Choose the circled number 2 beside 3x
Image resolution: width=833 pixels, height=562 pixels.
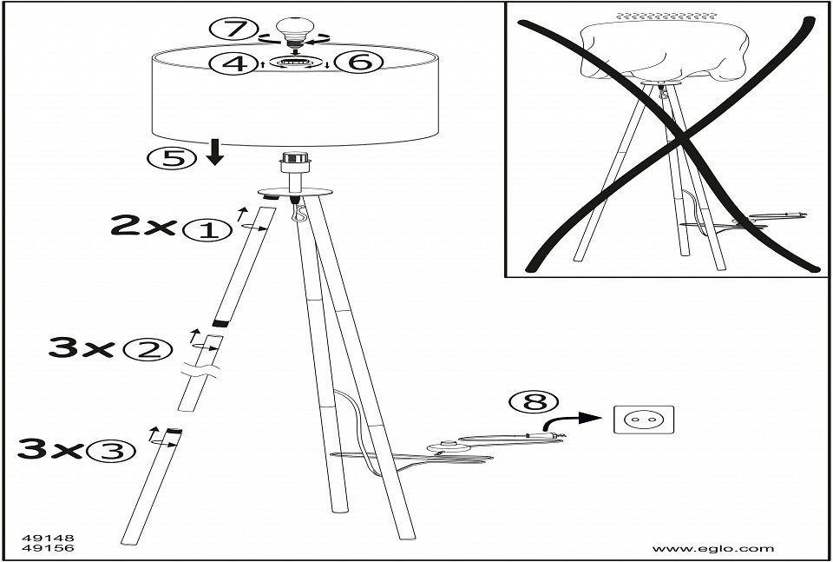144,349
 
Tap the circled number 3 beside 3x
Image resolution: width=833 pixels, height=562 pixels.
115,450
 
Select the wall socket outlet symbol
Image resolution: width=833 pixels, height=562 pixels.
643,420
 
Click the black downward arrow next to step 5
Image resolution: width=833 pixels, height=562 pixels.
215,153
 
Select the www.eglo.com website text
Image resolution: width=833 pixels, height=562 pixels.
712,549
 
